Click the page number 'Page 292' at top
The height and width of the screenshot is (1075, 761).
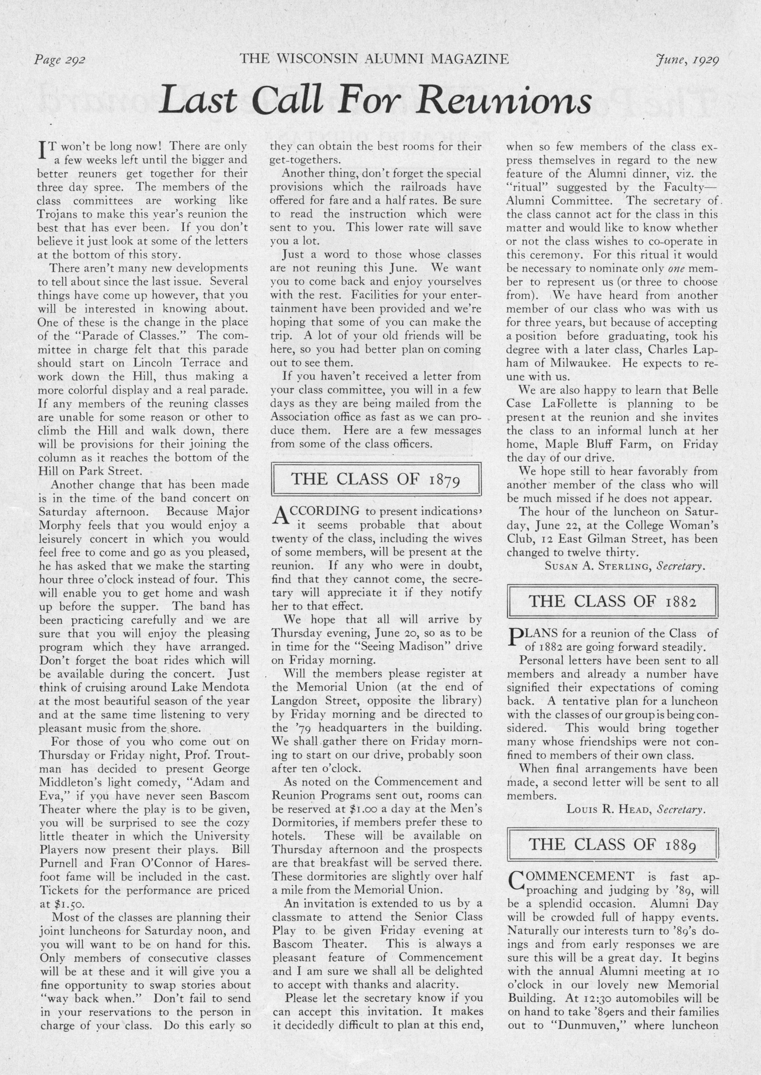click(59, 60)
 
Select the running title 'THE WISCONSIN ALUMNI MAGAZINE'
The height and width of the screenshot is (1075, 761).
click(374, 59)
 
